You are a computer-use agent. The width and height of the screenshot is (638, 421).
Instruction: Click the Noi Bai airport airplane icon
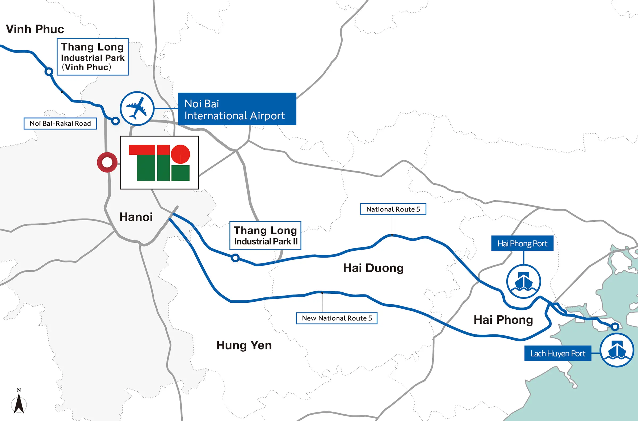click(137, 108)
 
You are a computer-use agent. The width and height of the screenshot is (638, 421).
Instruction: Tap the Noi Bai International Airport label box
click(237, 109)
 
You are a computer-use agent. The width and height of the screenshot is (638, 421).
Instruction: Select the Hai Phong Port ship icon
click(523, 281)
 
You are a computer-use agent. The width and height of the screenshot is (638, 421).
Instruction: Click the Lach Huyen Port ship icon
click(617, 350)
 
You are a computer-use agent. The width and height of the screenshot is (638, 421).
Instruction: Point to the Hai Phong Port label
click(522, 243)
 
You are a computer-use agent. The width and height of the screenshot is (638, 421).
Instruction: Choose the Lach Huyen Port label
click(557, 353)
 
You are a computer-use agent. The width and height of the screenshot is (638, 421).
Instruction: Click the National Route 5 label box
click(393, 209)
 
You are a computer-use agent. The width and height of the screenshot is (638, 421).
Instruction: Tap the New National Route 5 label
click(337, 318)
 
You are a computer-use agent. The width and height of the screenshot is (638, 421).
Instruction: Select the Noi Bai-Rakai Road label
click(60, 124)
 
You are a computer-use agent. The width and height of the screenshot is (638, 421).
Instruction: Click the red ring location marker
click(107, 162)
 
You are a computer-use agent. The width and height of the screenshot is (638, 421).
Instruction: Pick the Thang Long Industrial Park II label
click(265, 235)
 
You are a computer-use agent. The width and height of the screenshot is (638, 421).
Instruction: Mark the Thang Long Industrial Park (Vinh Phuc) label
click(93, 57)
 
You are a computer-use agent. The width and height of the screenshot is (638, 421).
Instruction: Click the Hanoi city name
click(136, 217)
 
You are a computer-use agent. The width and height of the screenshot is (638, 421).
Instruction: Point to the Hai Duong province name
click(373, 268)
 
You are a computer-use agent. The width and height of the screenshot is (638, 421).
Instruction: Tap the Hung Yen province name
click(244, 345)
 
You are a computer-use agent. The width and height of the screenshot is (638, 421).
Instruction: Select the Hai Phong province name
click(503, 320)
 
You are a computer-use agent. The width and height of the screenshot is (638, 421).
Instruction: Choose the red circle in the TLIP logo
click(181, 154)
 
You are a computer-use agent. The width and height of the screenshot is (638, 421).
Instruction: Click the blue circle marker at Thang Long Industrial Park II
click(235, 258)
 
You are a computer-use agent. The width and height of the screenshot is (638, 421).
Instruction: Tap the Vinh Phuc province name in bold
click(35, 29)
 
